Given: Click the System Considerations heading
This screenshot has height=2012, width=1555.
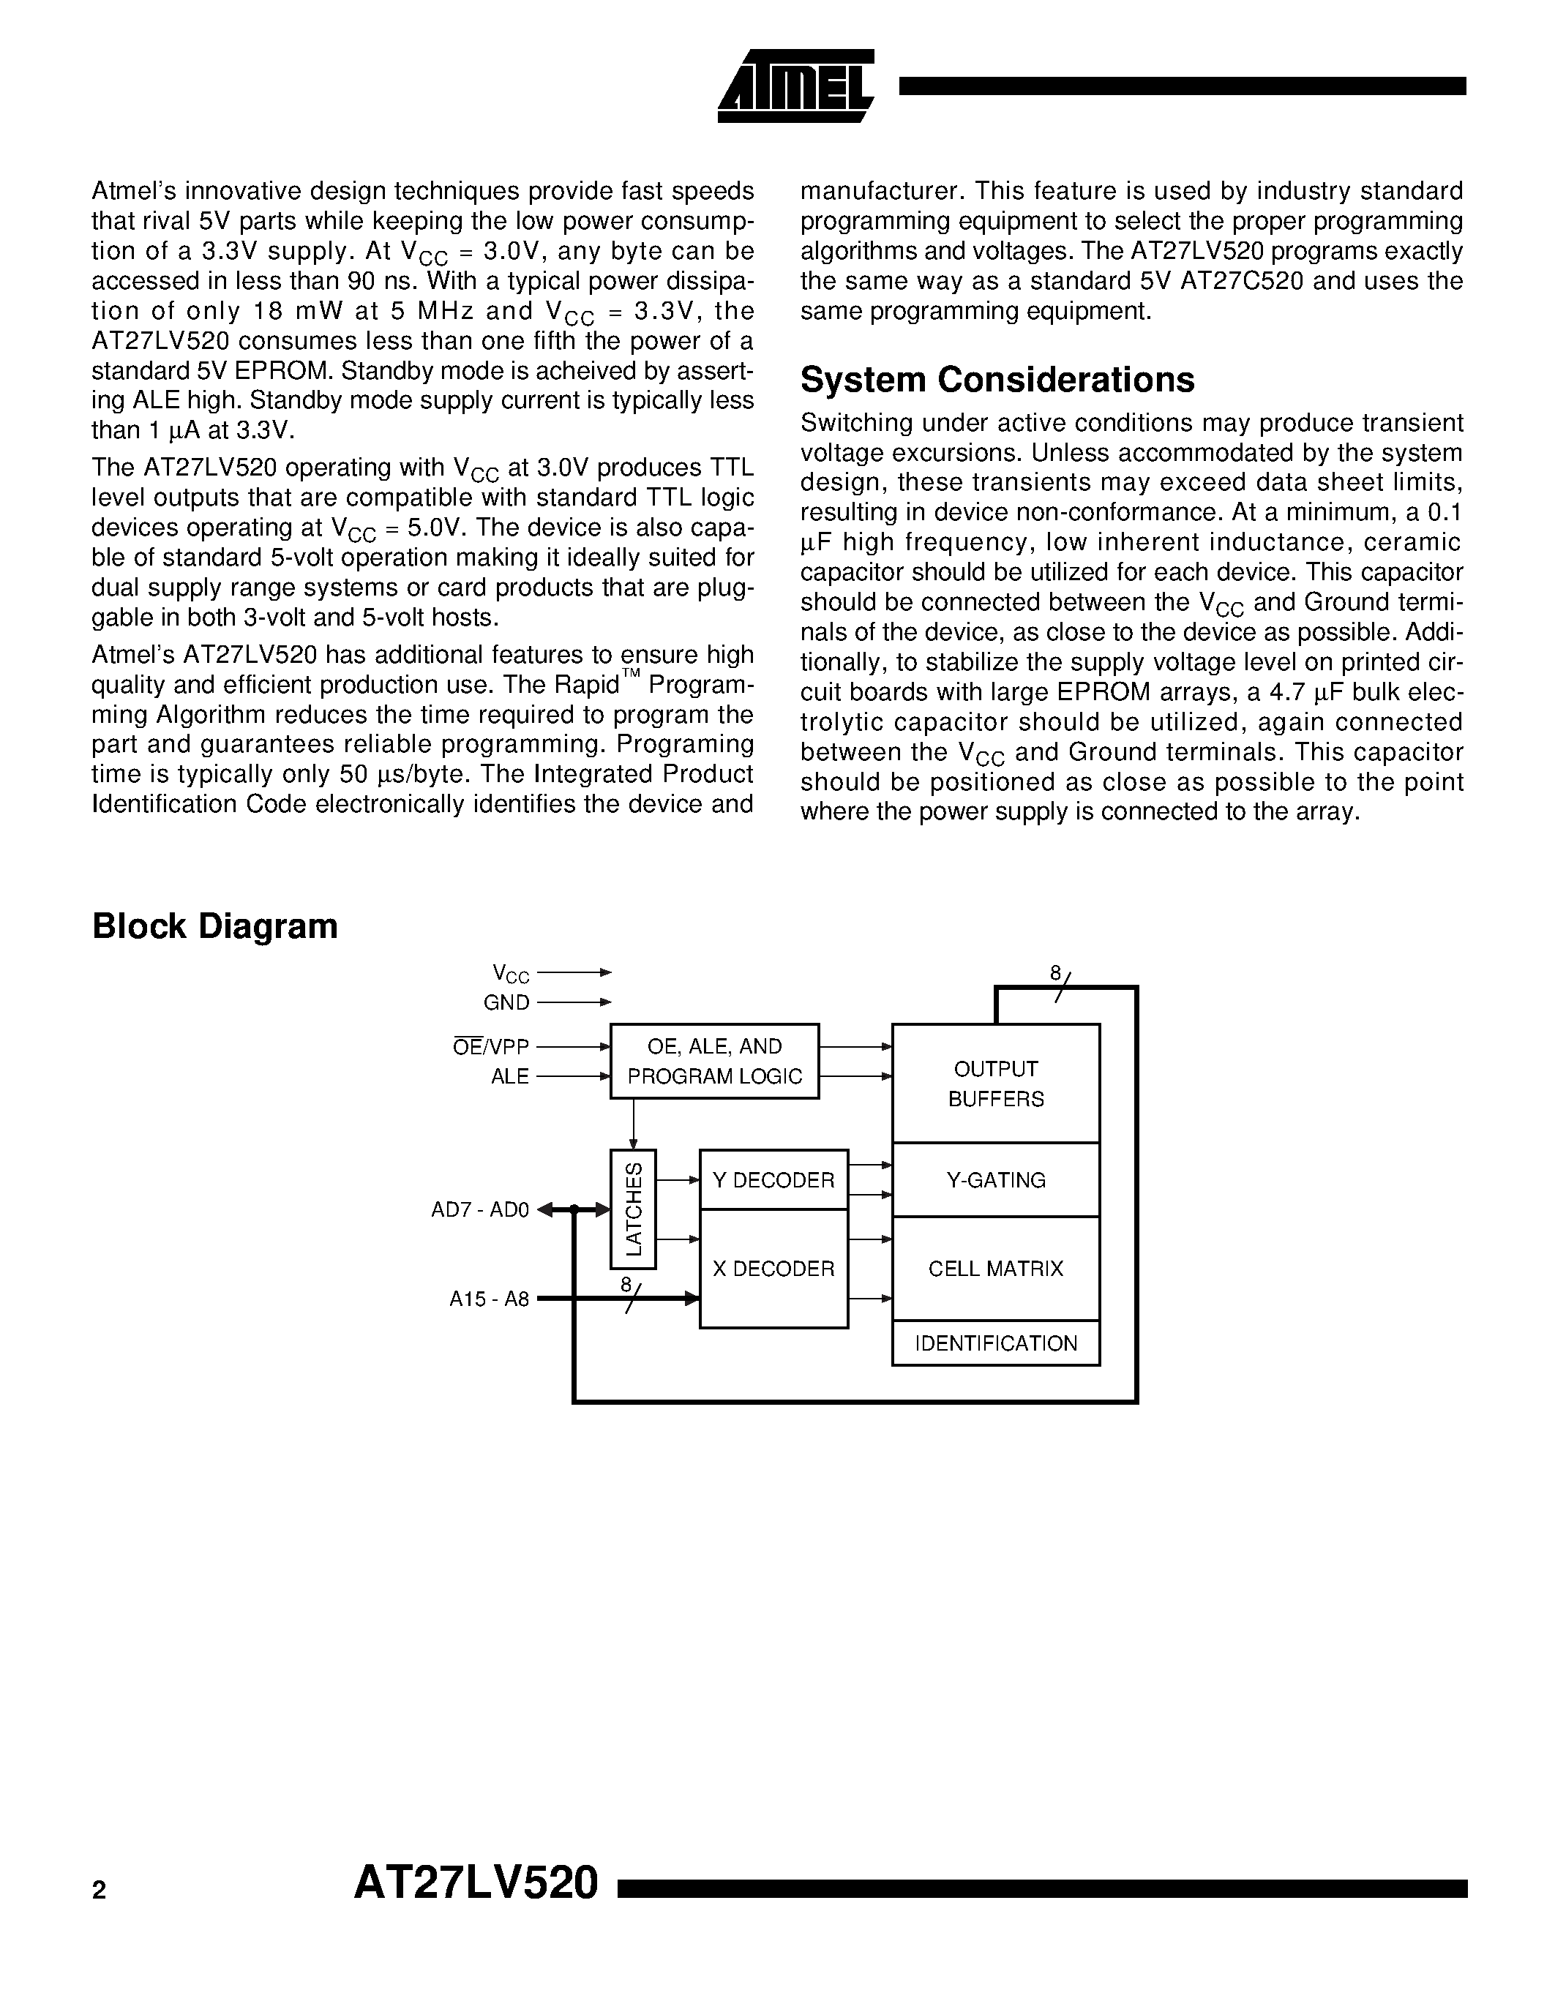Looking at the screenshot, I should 997,380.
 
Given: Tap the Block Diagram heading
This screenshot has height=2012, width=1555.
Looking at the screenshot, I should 214,926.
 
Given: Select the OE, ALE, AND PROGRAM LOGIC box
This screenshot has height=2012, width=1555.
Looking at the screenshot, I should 714,1062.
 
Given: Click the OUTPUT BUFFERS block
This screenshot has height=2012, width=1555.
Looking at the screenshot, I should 996,1084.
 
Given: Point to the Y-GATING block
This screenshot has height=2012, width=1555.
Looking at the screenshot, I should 996,1180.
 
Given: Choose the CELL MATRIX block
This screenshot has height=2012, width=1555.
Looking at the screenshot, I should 996,1269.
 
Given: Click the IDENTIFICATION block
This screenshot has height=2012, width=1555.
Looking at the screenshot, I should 996,1343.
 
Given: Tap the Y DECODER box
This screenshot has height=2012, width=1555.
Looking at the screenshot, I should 773,1180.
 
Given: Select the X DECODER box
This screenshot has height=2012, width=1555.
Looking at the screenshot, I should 773,1269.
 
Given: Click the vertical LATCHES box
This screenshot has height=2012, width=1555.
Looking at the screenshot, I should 634,1209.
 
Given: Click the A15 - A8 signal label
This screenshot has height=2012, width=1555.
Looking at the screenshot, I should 489,1299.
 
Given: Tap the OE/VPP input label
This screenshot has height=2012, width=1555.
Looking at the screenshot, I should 491,1046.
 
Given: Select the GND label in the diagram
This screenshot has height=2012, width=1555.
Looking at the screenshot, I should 506,1002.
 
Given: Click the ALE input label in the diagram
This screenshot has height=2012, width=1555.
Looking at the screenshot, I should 509,1076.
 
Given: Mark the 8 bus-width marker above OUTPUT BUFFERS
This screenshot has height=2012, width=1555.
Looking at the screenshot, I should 1056,974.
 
